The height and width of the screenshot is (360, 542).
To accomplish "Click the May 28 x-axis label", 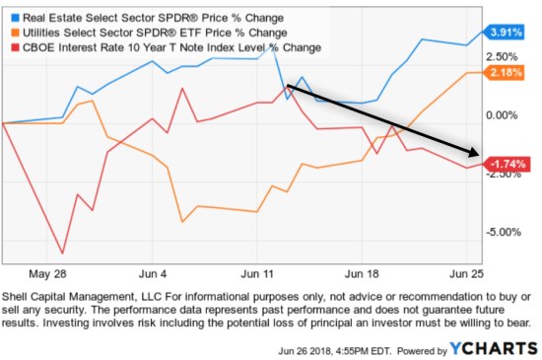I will click(x=48, y=273).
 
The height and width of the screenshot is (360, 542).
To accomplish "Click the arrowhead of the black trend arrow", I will click(x=477, y=153).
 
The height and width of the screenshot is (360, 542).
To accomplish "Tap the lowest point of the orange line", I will click(x=183, y=222).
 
